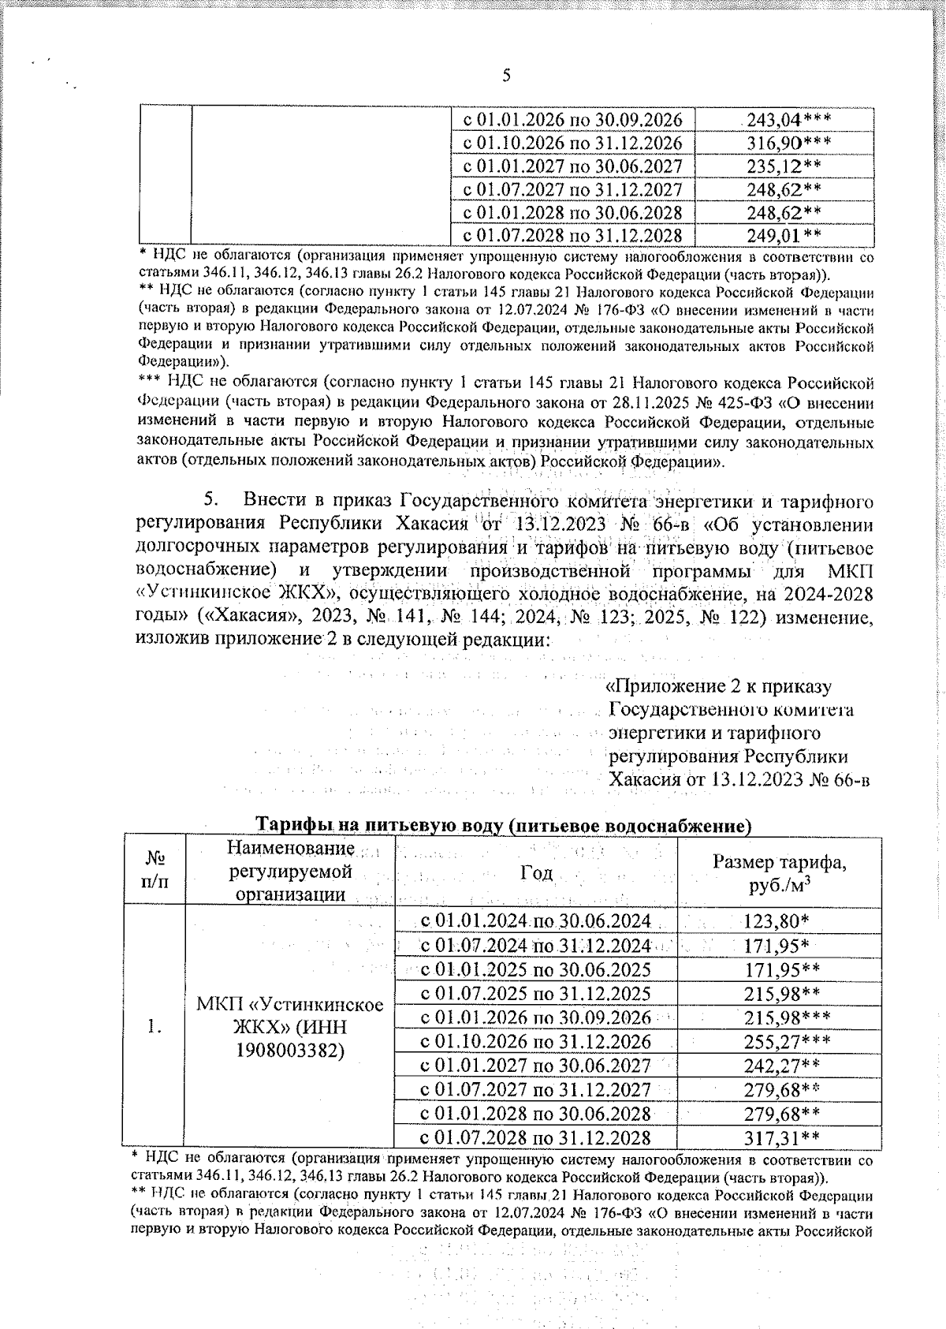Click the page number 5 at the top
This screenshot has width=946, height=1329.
pyautogui.click(x=506, y=76)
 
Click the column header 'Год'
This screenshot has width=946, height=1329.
pyautogui.click(x=536, y=872)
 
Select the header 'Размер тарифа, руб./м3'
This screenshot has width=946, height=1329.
pyautogui.click(x=779, y=873)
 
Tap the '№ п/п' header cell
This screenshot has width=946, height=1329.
pyautogui.click(x=154, y=872)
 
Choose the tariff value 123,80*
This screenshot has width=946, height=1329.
pyautogui.click(x=776, y=921)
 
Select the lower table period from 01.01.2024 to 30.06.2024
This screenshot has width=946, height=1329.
pyautogui.click(x=535, y=921)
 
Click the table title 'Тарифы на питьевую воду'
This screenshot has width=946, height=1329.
pyautogui.click(x=501, y=826)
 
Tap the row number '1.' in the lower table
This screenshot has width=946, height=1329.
pyautogui.click(x=155, y=1027)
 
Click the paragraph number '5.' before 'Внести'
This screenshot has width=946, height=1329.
pyautogui.click(x=211, y=500)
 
